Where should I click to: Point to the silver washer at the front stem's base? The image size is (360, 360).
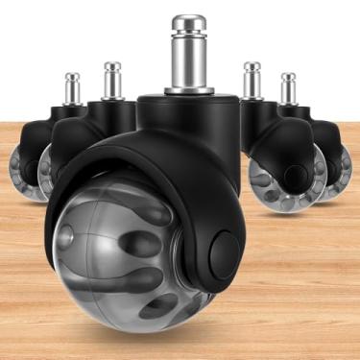(x=188, y=91)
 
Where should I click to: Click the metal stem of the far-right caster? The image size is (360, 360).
(x=288, y=89)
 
